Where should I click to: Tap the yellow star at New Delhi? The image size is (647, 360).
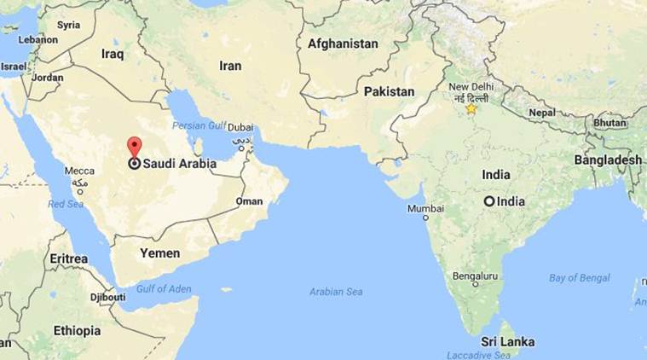point(471,108)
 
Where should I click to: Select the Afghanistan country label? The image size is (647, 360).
point(343,44)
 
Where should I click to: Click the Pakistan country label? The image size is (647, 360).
point(389,91)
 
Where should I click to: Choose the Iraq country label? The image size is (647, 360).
point(113,53)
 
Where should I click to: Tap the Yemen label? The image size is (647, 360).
point(160,253)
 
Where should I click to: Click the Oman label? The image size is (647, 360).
point(249,201)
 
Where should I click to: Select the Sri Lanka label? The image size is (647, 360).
point(507,341)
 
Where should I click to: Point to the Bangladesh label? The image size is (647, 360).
point(608,160)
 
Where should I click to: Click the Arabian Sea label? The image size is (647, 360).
point(336,292)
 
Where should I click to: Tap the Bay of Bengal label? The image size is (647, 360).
point(580,278)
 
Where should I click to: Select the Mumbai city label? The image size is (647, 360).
point(425,208)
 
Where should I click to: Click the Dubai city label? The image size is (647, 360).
point(240,126)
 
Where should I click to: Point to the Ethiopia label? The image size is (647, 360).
point(77,330)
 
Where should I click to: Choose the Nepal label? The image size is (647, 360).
point(541,112)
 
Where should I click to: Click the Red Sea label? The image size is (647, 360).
point(65,204)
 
